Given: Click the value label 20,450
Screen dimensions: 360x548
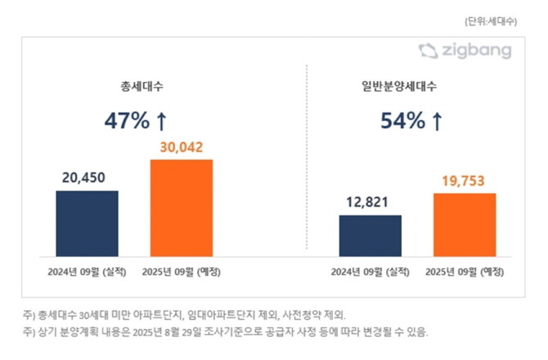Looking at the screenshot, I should pyautogui.click(x=87, y=178).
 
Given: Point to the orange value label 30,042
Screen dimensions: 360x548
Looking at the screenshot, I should pyautogui.click(x=181, y=147).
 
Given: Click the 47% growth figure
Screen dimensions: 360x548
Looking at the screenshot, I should pyautogui.click(x=126, y=121).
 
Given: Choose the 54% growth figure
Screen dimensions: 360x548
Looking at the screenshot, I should pyautogui.click(x=402, y=121).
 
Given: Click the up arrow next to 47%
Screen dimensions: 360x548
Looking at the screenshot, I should pyautogui.click(x=161, y=121).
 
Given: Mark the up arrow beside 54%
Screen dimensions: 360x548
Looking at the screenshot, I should pyautogui.click(x=437, y=121).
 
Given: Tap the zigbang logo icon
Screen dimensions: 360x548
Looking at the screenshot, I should pyautogui.click(x=429, y=52).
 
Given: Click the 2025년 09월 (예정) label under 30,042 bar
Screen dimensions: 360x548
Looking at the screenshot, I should pyautogui.click(x=181, y=271).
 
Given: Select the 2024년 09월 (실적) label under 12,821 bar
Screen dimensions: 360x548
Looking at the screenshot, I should pyautogui.click(x=370, y=271).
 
